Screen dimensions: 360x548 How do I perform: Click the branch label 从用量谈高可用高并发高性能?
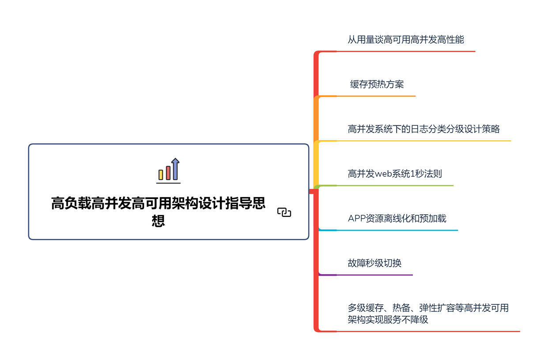pyautogui.click(x=405, y=40)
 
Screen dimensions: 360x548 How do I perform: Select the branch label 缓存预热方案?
pyautogui.click(x=377, y=84)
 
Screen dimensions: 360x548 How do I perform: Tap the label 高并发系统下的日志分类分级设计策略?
pyautogui.click(x=423, y=129)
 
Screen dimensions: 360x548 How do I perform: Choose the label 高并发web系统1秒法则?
pyautogui.click(x=395, y=174)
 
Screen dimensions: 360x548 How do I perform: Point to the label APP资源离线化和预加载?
pyautogui.click(x=397, y=218)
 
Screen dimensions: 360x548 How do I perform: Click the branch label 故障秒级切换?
pyautogui.click(x=374, y=263)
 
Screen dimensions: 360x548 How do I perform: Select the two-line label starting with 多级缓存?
pyautogui.click(x=428, y=314)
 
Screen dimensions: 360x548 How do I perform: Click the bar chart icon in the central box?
pyautogui.click(x=169, y=171)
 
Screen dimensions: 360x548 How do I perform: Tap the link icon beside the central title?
pyautogui.click(x=284, y=212)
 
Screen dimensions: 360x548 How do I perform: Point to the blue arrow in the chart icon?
pyautogui.click(x=175, y=169)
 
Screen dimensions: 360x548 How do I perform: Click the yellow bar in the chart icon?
pyautogui.click(x=161, y=175)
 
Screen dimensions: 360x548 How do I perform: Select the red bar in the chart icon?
pyautogui.click(x=168, y=173)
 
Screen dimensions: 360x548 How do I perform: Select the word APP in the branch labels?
pyautogui.click(x=356, y=219)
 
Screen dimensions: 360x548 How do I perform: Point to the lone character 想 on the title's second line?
pyautogui.click(x=158, y=220)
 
